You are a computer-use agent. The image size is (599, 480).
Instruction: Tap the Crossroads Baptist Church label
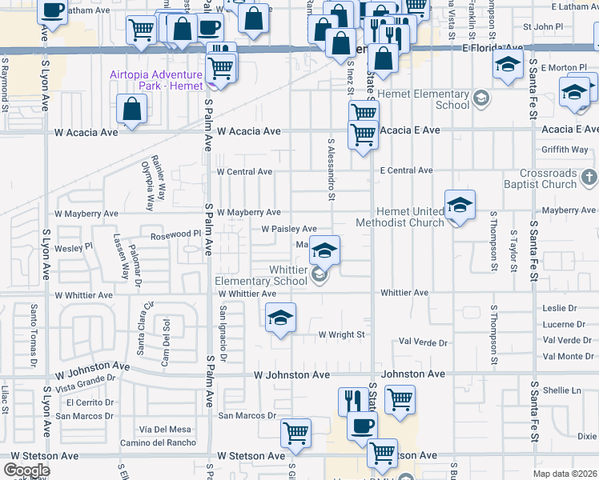pyautogui.click(x=548, y=178)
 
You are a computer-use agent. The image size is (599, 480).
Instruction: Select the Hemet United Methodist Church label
pyautogui.click(x=400, y=217)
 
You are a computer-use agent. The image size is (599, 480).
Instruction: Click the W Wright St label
pyautogui.click(x=341, y=334)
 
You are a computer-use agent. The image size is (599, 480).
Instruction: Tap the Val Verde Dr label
pyautogui.click(x=421, y=342)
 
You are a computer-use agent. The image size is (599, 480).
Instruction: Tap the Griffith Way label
pyautogui.click(x=565, y=150)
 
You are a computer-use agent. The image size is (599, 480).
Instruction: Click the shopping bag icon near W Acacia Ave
pyautogui.click(x=131, y=109)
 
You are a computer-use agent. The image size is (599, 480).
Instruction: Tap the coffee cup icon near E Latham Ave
pyautogui.click(x=53, y=11)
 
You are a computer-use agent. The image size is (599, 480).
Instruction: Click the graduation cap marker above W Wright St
pyautogui.click(x=280, y=318)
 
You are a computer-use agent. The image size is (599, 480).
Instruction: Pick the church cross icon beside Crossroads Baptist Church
pyautogui.click(x=589, y=177)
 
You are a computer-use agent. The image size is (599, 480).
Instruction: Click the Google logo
pyautogui.click(x=26, y=470)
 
